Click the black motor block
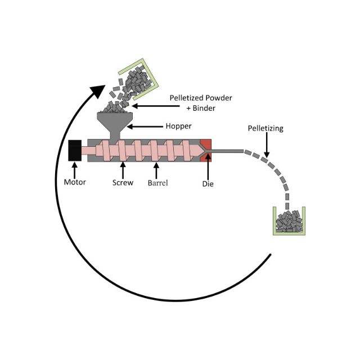point(74,151)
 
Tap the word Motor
point(75,182)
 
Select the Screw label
point(123,182)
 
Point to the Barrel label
point(158,182)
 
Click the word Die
point(208,183)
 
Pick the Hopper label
point(178,127)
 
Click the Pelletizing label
point(265,128)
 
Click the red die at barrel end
point(205,150)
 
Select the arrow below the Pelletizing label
point(266,145)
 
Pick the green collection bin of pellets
point(289,220)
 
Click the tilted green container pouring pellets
point(135,75)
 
